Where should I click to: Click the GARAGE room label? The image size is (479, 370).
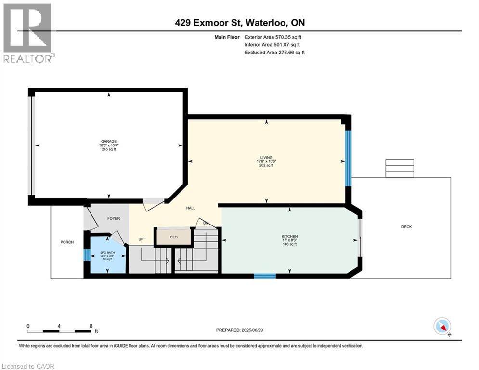click(x=109, y=142)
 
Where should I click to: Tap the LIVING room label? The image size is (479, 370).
click(x=266, y=158)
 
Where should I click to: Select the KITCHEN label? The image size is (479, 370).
click(x=290, y=237)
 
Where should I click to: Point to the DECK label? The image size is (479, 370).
click(x=406, y=227)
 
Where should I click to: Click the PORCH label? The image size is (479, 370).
click(x=67, y=242)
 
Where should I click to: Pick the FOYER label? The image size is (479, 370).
click(x=114, y=218)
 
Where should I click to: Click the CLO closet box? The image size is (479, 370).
click(x=174, y=237)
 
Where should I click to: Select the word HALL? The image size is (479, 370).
click(x=191, y=208)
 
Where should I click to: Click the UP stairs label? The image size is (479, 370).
click(x=141, y=239)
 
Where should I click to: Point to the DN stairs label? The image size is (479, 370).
click(x=206, y=223)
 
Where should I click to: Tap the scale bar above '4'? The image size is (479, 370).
click(x=59, y=331)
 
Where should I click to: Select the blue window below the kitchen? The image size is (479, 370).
click(x=265, y=276)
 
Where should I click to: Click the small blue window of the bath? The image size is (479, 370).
click(x=86, y=254)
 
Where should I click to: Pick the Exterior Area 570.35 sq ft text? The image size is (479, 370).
click(x=273, y=37)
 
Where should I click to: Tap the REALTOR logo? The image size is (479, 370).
click(x=27, y=33)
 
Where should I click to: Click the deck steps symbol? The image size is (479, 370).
click(x=399, y=169)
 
